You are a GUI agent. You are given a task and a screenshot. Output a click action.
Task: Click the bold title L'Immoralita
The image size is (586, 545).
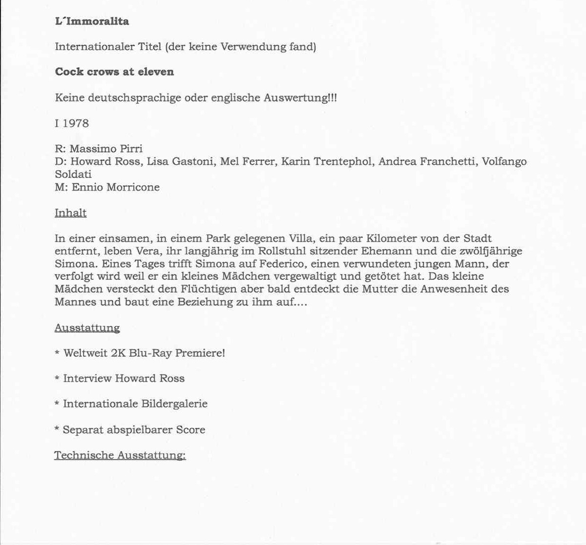tap(92, 21)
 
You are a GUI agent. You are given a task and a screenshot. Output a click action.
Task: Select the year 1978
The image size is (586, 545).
tap(76, 123)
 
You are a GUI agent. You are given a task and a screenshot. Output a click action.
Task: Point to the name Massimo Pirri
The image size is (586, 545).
tap(106, 149)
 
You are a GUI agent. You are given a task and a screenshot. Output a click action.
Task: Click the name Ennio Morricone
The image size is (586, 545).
tap(116, 187)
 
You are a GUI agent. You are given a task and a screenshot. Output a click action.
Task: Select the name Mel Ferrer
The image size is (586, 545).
tap(247, 161)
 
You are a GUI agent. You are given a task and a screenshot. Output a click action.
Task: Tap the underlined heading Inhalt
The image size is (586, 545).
tap(71, 213)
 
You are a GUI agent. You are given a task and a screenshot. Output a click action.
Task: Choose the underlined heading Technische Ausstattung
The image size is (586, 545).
tap(120, 455)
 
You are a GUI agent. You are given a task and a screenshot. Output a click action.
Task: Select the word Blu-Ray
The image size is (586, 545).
tap(150, 353)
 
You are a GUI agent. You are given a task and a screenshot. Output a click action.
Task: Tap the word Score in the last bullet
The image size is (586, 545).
tap(190, 429)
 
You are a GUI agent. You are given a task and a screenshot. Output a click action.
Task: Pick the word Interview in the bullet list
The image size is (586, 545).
tap(87, 378)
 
